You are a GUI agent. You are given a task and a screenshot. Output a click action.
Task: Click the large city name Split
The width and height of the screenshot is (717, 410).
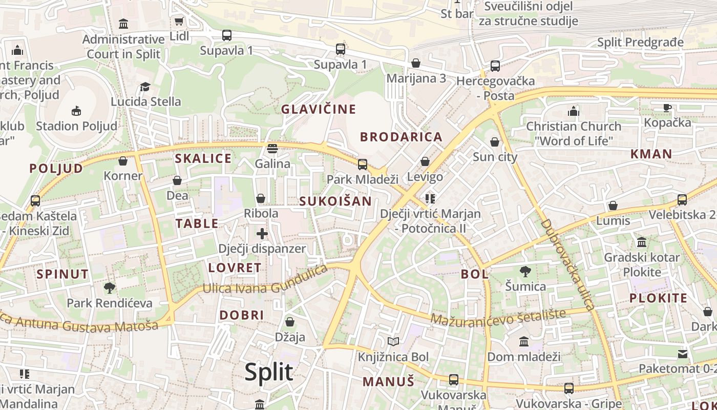[269, 372]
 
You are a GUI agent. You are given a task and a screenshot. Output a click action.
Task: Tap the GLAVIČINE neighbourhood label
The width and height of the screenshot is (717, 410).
[319, 109]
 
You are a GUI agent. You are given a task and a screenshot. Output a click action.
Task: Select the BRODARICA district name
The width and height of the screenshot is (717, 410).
[401, 137]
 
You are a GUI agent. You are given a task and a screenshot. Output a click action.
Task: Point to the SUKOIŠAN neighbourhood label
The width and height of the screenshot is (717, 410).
[335, 201]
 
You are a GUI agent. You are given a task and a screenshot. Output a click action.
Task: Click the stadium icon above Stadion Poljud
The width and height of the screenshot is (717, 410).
[76, 111]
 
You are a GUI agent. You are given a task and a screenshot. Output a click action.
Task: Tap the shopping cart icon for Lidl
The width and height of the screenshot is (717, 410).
[179, 21]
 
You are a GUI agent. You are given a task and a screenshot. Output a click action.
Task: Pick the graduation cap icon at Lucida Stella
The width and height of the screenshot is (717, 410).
[145, 87]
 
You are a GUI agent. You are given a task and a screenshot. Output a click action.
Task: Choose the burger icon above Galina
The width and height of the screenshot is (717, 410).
[272, 149]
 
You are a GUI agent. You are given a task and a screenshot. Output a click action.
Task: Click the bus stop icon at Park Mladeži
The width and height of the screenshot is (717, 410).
[363, 165]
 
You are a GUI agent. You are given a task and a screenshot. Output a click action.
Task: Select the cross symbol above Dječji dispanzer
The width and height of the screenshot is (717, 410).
[262, 234]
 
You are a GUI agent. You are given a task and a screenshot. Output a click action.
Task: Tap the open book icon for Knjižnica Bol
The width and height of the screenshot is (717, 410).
[393, 342]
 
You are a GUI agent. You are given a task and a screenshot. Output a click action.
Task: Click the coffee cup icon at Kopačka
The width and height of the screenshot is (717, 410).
[667, 108]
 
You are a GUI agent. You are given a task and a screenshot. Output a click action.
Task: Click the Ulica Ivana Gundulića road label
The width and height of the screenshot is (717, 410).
[265, 281]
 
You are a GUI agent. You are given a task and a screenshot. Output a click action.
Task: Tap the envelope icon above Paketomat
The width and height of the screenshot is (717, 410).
[683, 354]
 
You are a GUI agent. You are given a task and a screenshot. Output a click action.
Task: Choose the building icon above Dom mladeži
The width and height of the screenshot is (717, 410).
[524, 341]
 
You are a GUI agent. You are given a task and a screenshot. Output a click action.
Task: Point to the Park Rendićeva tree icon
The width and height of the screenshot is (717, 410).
[109, 288]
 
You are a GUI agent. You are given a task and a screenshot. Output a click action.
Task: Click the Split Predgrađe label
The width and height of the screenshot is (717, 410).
[640, 42]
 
